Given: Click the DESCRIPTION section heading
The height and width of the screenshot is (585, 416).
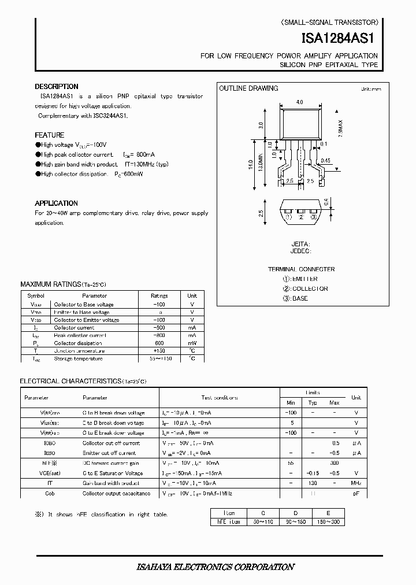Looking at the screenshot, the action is (57, 87).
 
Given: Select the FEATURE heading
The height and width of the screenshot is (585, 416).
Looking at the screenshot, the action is (50, 135).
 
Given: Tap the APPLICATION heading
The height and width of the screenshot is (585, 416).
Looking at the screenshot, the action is (56, 203).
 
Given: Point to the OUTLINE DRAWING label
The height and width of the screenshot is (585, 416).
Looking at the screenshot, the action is (248, 88).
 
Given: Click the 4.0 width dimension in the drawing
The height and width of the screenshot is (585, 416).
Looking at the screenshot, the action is (299, 102).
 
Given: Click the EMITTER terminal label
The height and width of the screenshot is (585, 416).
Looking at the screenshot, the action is (305, 279).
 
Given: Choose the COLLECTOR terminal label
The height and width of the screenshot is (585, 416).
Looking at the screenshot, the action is (310, 288).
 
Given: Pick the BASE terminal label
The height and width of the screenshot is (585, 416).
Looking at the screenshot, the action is (300, 298).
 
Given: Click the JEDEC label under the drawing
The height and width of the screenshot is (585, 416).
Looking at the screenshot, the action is (300, 251).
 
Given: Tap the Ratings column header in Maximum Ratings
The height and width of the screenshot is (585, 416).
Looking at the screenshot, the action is (159, 295).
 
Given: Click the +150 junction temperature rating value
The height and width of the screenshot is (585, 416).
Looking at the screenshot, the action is (159, 351).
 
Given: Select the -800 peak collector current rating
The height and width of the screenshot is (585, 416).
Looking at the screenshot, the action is (159, 335).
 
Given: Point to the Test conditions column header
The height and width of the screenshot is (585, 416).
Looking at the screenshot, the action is (220, 398).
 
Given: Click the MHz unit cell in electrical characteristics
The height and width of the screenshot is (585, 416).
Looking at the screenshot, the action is (356, 483).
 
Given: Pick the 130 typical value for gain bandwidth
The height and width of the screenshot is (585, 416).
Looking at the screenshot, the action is (313, 483).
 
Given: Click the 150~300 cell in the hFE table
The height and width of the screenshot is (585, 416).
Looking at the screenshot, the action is (328, 522).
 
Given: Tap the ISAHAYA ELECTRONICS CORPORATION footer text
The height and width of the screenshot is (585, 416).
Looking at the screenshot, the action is (207, 567).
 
